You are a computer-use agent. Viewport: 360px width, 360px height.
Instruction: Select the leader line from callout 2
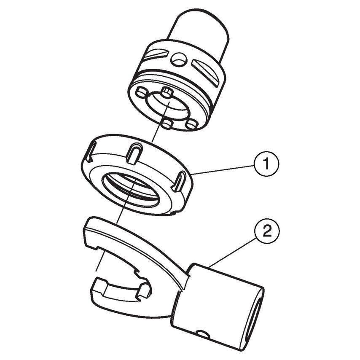232,251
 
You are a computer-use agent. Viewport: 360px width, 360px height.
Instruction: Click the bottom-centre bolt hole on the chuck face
167,124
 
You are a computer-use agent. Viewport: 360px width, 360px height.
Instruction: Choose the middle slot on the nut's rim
134,154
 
